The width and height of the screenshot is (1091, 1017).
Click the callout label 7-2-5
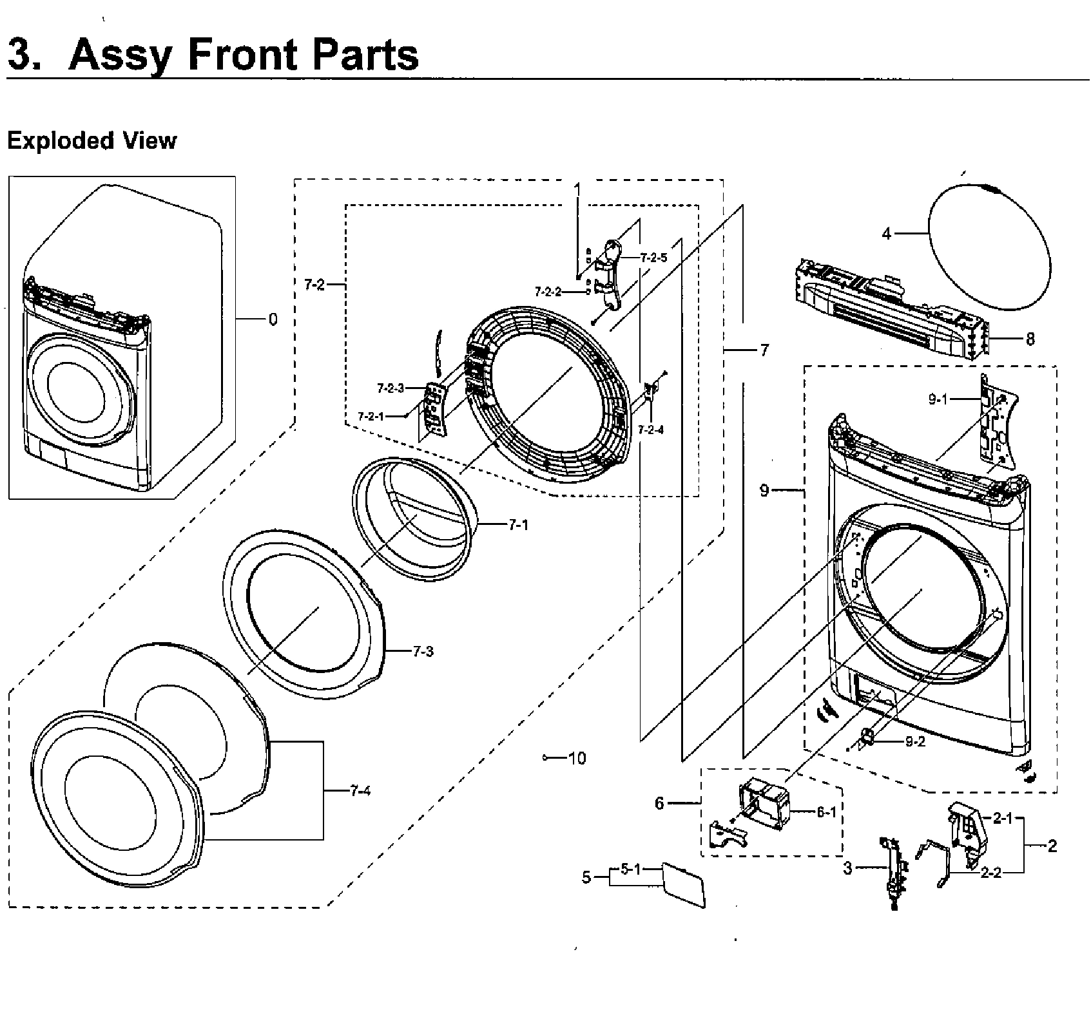pos(653,257)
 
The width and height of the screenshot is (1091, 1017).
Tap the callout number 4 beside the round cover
pos(887,234)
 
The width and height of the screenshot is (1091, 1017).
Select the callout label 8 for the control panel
pos(1030,339)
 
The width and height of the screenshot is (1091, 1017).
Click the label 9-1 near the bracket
pos(938,399)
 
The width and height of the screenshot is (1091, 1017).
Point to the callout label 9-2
pos(915,741)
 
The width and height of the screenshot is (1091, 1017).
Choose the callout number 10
pos(577,758)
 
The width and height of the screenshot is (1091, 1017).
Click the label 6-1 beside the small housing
pos(826,812)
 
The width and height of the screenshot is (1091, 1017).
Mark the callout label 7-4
pos(360,791)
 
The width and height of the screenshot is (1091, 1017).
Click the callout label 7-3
pos(423,651)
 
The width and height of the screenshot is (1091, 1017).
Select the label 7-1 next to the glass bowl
pos(518,525)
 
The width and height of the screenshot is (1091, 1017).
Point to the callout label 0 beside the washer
pos(273,319)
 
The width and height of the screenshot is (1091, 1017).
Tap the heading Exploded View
pos(92,140)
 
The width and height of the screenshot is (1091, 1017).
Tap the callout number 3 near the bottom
pos(848,868)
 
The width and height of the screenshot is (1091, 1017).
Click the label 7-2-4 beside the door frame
pos(651,430)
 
